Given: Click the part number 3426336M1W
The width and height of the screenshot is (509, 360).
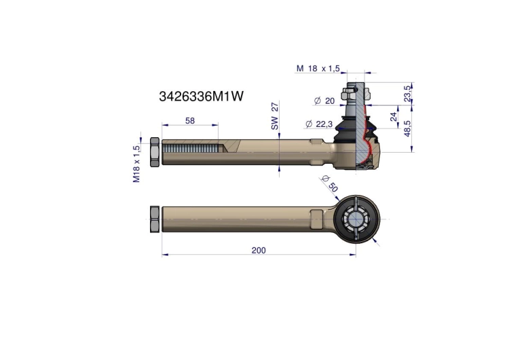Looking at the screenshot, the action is (201, 96).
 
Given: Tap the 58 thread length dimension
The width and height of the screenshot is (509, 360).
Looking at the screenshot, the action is (190, 120).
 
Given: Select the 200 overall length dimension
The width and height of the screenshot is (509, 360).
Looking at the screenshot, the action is (259, 250).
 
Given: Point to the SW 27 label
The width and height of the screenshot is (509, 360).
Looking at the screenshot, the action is (275, 116).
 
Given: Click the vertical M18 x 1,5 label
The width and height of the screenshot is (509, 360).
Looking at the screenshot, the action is (136, 164).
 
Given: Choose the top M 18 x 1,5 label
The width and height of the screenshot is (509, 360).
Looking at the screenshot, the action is (318, 68).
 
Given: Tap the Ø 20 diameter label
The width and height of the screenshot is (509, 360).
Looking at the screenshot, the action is (324, 101).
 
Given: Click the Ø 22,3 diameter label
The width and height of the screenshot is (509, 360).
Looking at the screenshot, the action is (319, 124).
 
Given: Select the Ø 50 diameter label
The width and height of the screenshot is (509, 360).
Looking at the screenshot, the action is (330, 183).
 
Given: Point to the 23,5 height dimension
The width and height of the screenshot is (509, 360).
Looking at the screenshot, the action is (408, 94).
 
